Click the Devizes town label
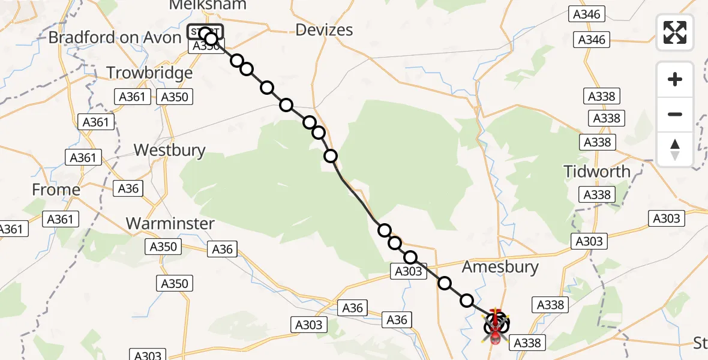[x=325, y=30]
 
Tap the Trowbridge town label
[x=149, y=73]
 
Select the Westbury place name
[x=169, y=149]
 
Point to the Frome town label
[x=56, y=190]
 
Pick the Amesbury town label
[x=500, y=267]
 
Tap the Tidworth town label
[x=597, y=172]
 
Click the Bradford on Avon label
[x=115, y=38]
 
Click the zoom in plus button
[x=675, y=79]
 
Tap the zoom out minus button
[x=675, y=114]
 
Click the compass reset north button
[x=675, y=149]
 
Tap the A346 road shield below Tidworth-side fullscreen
[x=592, y=40]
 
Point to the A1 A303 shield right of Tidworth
[x=667, y=218]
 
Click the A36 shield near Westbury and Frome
[x=128, y=189]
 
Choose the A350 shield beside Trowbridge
[x=175, y=97]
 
